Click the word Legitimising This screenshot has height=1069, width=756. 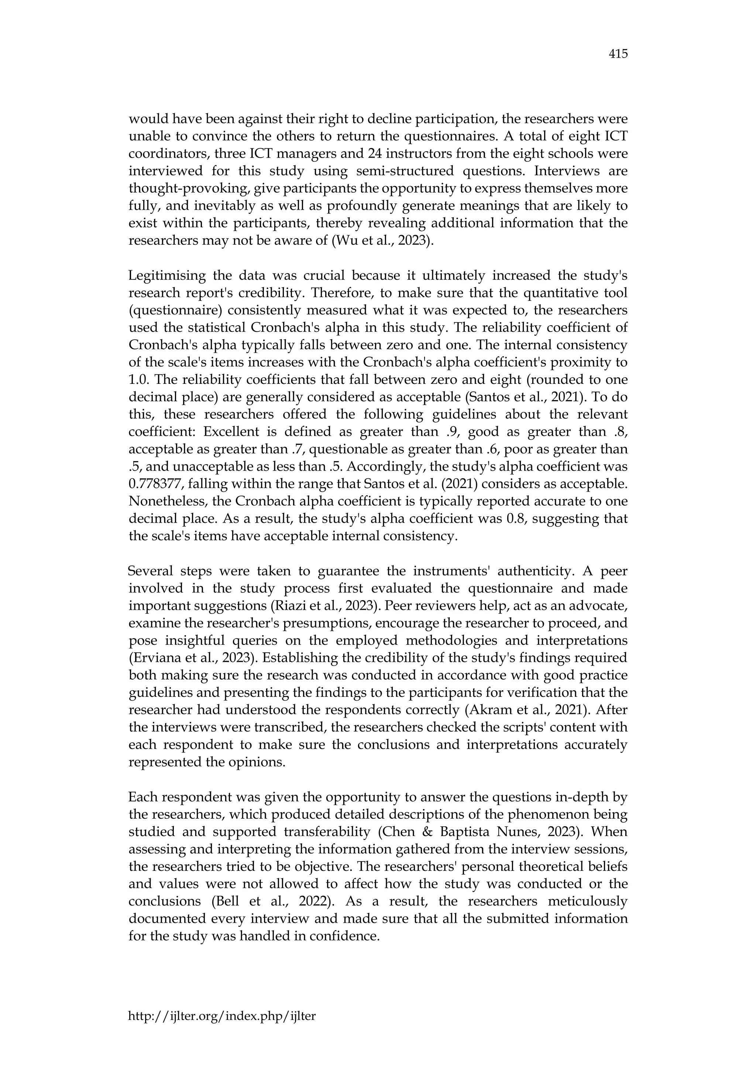coord(166,276)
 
